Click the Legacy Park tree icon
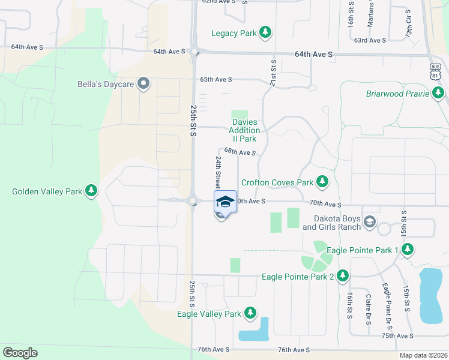pos(265,33)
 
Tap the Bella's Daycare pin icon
pos(143,83)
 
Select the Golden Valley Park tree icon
pos(91,191)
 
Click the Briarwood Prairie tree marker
pos(439,93)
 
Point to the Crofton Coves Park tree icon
pos(322,181)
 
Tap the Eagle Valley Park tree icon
pos(250,313)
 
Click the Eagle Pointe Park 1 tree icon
pos(408,249)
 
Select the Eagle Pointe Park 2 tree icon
pos(343,276)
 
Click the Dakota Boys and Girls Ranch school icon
pos(370,222)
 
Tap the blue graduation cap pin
pos(225,202)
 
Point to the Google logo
pos(20,353)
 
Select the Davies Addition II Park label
pos(245,130)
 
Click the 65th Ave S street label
pos(216,79)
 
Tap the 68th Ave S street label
pos(240,152)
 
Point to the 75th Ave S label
pos(397,336)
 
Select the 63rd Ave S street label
pos(370,40)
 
